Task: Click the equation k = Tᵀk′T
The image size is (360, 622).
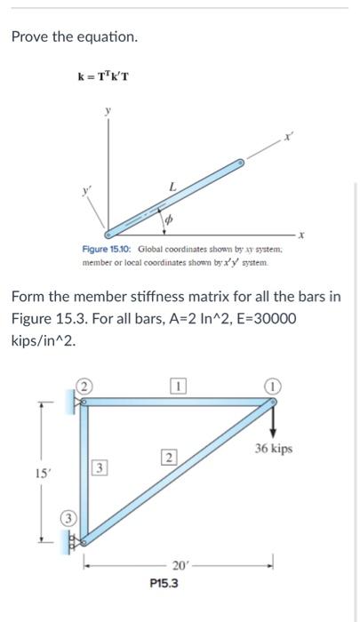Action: click(104, 76)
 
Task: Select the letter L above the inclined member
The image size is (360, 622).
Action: click(172, 184)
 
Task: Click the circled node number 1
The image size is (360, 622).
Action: click(270, 387)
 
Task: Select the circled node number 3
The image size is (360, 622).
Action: click(68, 518)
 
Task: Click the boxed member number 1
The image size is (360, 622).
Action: click(178, 387)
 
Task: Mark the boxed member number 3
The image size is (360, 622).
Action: click(102, 467)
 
